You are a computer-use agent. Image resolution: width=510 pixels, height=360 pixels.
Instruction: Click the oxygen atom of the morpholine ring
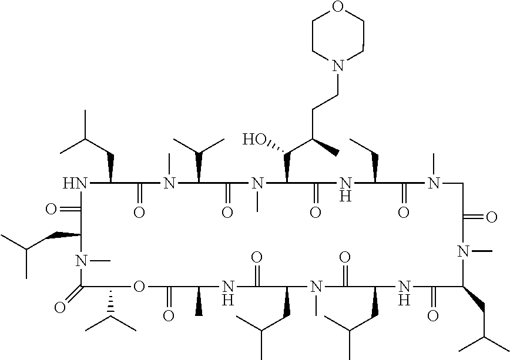tap(338, 8)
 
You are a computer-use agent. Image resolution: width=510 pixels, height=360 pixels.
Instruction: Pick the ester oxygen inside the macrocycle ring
tap(139, 287)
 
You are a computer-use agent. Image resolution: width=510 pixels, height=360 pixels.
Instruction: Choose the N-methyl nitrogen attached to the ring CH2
tap(434, 184)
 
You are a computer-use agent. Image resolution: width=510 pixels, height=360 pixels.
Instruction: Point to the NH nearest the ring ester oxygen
tap(228, 292)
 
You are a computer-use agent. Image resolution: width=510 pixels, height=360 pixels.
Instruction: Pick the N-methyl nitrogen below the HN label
tap(81, 259)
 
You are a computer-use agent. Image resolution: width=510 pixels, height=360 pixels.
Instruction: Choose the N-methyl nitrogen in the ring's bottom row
tap(316, 287)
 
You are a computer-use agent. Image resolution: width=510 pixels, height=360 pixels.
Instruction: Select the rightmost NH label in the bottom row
tap(402, 292)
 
